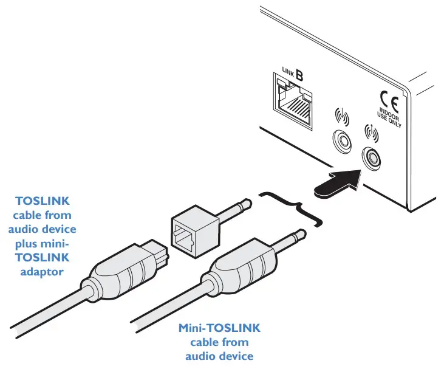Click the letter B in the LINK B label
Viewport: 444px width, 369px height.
(x=299, y=76)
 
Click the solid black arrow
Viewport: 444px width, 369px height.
(x=336, y=182)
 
